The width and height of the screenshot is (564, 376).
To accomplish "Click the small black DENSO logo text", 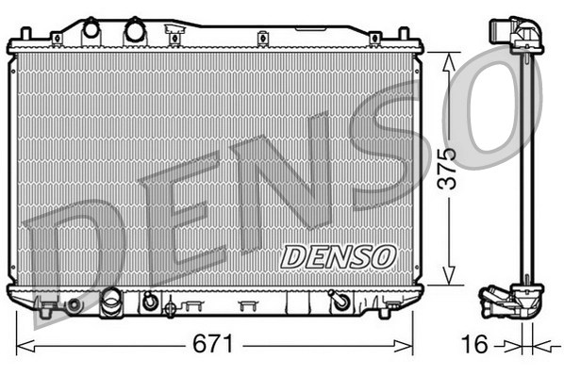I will (x=338, y=255).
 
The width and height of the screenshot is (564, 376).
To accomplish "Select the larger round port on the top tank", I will (x=133, y=30).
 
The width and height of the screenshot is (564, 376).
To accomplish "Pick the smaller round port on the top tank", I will (x=91, y=30).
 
